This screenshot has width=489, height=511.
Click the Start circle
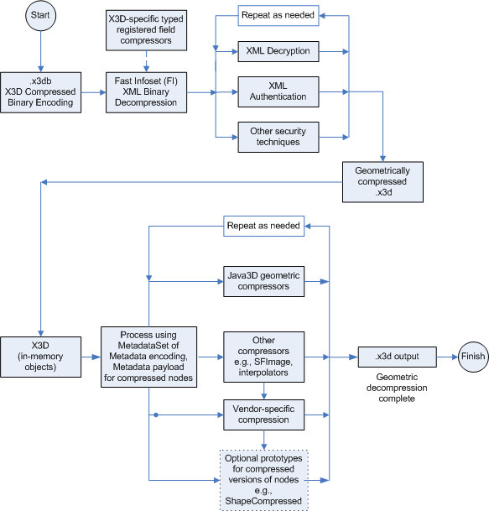pos(41,17)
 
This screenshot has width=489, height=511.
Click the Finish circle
pos(472,356)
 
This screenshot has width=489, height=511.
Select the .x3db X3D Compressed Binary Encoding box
pos(41,91)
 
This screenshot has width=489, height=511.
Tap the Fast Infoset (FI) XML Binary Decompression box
pos(147,91)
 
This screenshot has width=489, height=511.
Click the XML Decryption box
pos(278,51)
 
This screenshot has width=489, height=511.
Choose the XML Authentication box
pos(278,91)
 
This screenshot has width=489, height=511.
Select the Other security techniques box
pos(278,137)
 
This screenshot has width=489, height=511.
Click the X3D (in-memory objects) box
pos(41,357)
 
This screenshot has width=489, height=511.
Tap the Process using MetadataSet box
pos(148,355)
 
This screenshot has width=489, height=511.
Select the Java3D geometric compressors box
pos(264,281)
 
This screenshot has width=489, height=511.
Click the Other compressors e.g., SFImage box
pos(264,354)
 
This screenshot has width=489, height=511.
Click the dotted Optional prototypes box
pos(264,479)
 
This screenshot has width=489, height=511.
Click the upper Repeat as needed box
pos(278,15)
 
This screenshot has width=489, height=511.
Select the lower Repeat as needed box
pos(264,226)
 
